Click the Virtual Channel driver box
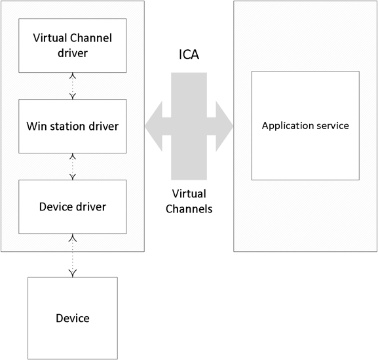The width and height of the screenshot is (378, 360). [x=73, y=46]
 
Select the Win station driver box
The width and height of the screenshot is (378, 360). [x=73, y=126]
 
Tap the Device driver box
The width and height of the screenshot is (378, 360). [x=73, y=207]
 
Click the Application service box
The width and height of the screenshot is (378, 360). [x=305, y=125]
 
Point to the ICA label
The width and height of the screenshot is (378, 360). [x=189, y=54]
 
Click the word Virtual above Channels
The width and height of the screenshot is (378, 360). [x=189, y=193]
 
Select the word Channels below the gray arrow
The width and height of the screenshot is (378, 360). [x=189, y=209]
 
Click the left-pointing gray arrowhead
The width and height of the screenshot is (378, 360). [x=153, y=126]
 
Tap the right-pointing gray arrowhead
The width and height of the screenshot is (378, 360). [x=225, y=126]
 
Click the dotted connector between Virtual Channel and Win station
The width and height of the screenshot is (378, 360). [x=73, y=86]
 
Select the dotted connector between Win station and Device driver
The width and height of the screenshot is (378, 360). [x=73, y=167]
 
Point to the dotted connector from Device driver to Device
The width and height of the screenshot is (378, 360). [x=73, y=255]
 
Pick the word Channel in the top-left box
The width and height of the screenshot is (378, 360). [x=91, y=38]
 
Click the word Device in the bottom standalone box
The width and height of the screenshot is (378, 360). [x=73, y=318]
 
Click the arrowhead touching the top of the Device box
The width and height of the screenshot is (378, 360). [x=73, y=273]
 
